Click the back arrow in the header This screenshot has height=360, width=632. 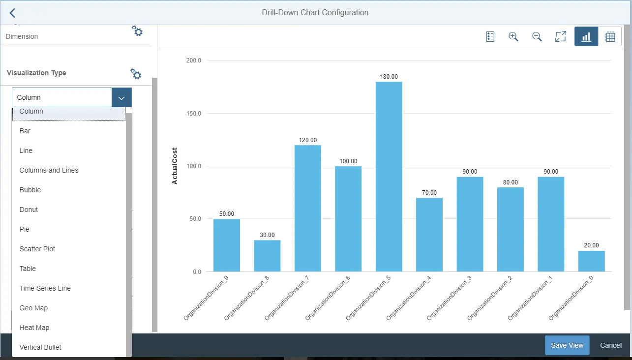pos(12,13)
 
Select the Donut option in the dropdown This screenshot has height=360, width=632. pos(29,210)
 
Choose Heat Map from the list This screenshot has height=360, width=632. pos(34,328)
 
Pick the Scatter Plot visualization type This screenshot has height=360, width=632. pos(37,249)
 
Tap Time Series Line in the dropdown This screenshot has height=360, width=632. pos(45,288)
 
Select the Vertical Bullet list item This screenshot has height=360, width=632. pos(40,347)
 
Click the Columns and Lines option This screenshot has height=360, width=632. pos(49,170)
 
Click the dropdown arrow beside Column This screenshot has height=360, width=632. pos(121,98)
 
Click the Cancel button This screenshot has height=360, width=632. pos(611,345)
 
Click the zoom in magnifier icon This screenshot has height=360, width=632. pos(513,37)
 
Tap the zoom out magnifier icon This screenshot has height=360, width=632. pos(537,37)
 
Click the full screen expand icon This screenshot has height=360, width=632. pos(561,37)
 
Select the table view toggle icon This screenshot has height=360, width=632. pos(610,37)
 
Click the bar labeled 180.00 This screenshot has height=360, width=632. pos(389,177)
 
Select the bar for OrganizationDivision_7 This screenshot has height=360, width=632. pos(307,209)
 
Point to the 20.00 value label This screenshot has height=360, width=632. pos(591,245)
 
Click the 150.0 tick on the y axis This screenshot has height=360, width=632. pos(194,114)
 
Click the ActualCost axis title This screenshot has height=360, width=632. pos(175,166)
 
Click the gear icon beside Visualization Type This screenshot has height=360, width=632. pos(136,74)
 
